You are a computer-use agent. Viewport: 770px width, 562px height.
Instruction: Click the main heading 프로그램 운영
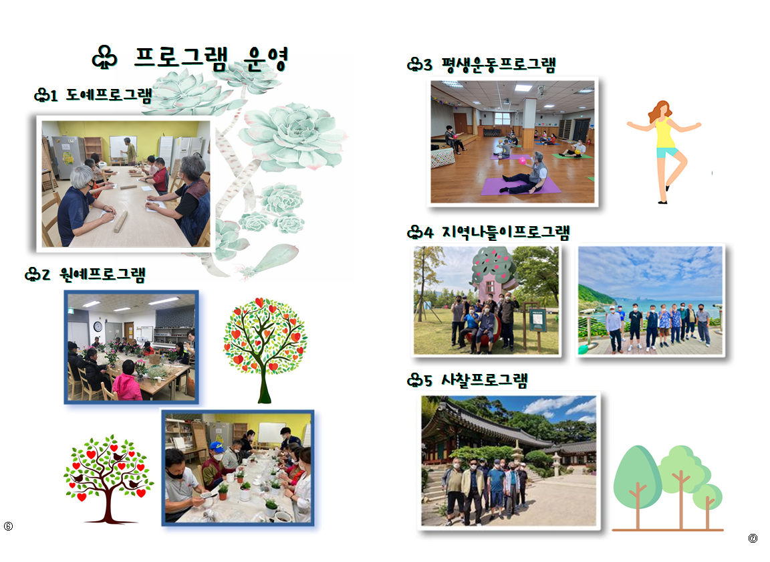211,60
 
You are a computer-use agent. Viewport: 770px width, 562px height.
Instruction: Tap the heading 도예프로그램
109,94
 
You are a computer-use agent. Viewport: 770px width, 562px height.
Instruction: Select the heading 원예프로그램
103,274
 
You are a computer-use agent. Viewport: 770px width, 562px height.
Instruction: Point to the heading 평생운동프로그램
499,64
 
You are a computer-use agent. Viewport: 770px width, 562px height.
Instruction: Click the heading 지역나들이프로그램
506,232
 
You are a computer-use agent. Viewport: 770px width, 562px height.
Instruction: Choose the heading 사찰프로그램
484,380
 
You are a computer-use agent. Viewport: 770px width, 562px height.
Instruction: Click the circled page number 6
8,526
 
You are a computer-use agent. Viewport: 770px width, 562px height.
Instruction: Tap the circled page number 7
753,539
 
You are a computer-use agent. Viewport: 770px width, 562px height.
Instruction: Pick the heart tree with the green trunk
265,350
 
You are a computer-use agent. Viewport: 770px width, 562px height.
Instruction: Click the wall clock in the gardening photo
98,327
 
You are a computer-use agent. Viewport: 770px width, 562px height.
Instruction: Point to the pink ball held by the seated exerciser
523,161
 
